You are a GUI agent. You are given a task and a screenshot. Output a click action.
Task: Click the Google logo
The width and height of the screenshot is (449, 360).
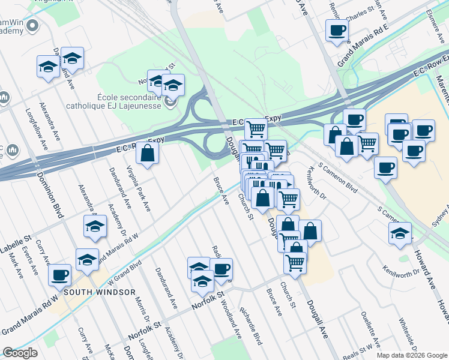(x=20, y=353)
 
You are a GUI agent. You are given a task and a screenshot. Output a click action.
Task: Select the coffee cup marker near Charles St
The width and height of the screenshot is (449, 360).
(x=337, y=30)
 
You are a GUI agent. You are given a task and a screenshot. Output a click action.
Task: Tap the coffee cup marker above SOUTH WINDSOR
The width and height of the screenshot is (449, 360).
(x=59, y=275)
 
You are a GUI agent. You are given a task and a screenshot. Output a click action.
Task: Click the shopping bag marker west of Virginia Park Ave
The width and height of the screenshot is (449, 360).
(x=147, y=154)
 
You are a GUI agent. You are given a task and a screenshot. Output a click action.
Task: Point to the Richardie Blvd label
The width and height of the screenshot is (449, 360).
(x=250, y=326)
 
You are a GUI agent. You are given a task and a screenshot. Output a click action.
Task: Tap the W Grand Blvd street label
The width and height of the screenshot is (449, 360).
(x=124, y=271)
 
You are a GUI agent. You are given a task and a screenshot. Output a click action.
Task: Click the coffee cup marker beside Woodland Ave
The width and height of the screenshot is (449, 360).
(x=221, y=269)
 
